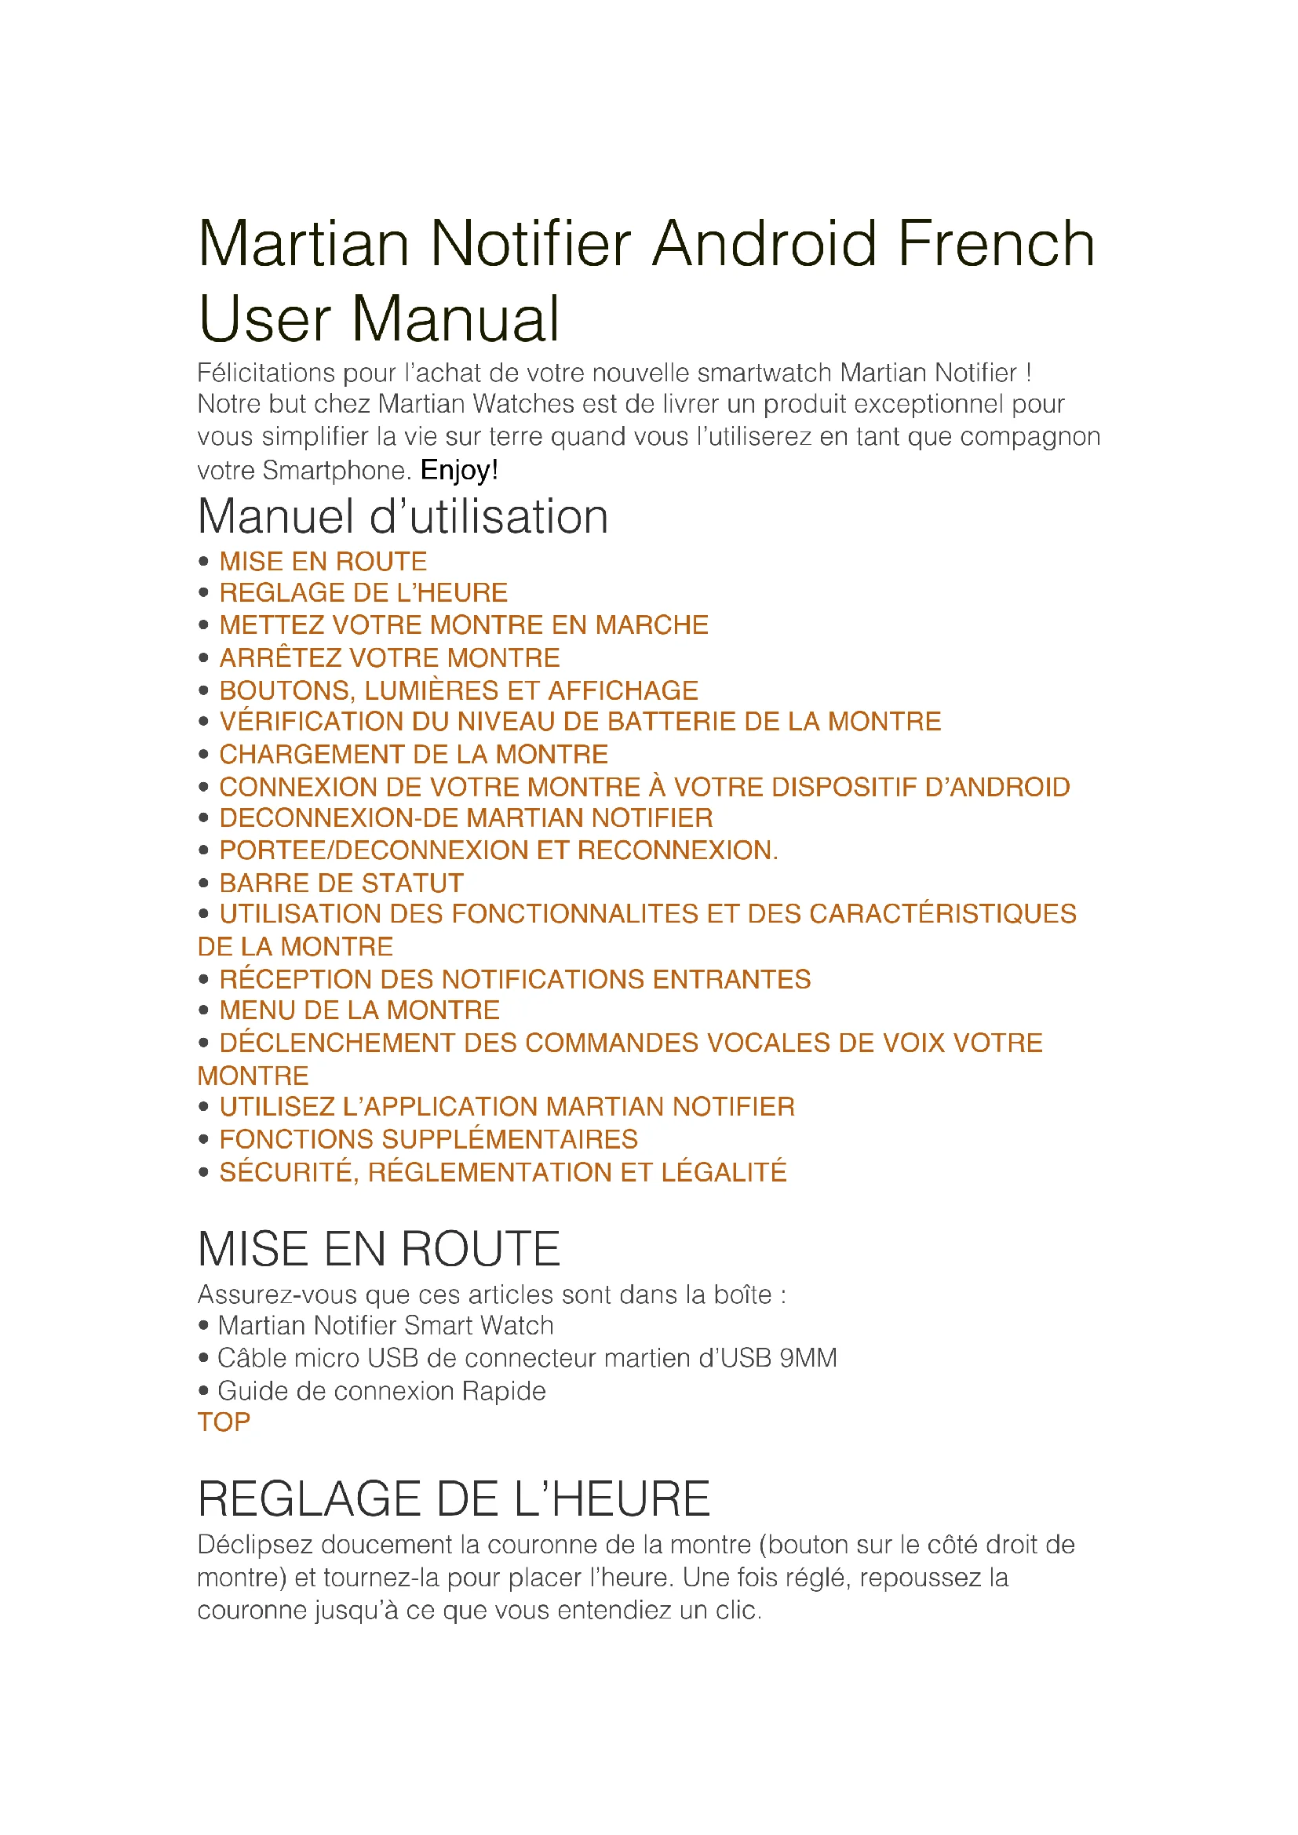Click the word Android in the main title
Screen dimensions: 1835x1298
click(766, 244)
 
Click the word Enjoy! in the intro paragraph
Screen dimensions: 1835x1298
click(459, 470)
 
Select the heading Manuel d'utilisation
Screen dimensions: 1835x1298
click(403, 516)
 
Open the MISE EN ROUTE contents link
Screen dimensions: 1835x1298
click(323, 561)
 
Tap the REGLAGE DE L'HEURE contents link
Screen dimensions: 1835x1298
click(363, 593)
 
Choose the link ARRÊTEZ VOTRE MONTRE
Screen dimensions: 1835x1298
click(389, 657)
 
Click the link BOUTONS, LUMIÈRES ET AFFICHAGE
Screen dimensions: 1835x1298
click(459, 690)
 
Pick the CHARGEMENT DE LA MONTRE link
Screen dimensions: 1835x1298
click(414, 755)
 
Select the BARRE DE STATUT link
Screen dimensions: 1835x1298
click(341, 883)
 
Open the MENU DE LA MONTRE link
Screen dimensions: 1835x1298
click(359, 1010)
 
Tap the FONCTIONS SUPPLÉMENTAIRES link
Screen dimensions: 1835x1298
click(428, 1139)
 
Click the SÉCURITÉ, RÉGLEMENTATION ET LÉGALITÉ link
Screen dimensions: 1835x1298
click(503, 1171)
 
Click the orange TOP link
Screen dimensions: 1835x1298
click(224, 1422)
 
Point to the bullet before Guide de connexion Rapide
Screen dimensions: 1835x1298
click(204, 1392)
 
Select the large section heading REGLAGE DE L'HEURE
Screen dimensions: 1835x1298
click(453, 1498)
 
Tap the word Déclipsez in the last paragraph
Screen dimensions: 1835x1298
click(255, 1545)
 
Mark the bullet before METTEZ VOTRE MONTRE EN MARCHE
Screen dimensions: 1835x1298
click(204, 625)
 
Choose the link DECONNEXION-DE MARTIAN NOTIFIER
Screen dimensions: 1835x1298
click(466, 818)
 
